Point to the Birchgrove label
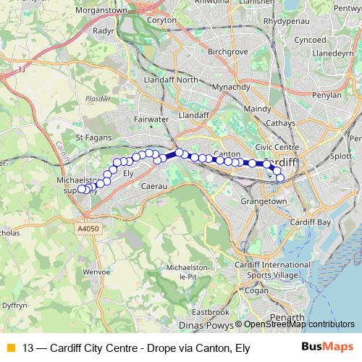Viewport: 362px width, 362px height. click(x=228, y=53)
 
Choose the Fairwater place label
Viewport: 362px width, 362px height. click(x=151, y=117)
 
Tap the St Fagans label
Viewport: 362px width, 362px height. click(x=91, y=136)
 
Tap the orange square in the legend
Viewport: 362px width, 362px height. click(x=10, y=348)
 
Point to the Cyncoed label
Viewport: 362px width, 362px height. click(x=310, y=40)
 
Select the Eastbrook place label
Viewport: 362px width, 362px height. click(x=211, y=311)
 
